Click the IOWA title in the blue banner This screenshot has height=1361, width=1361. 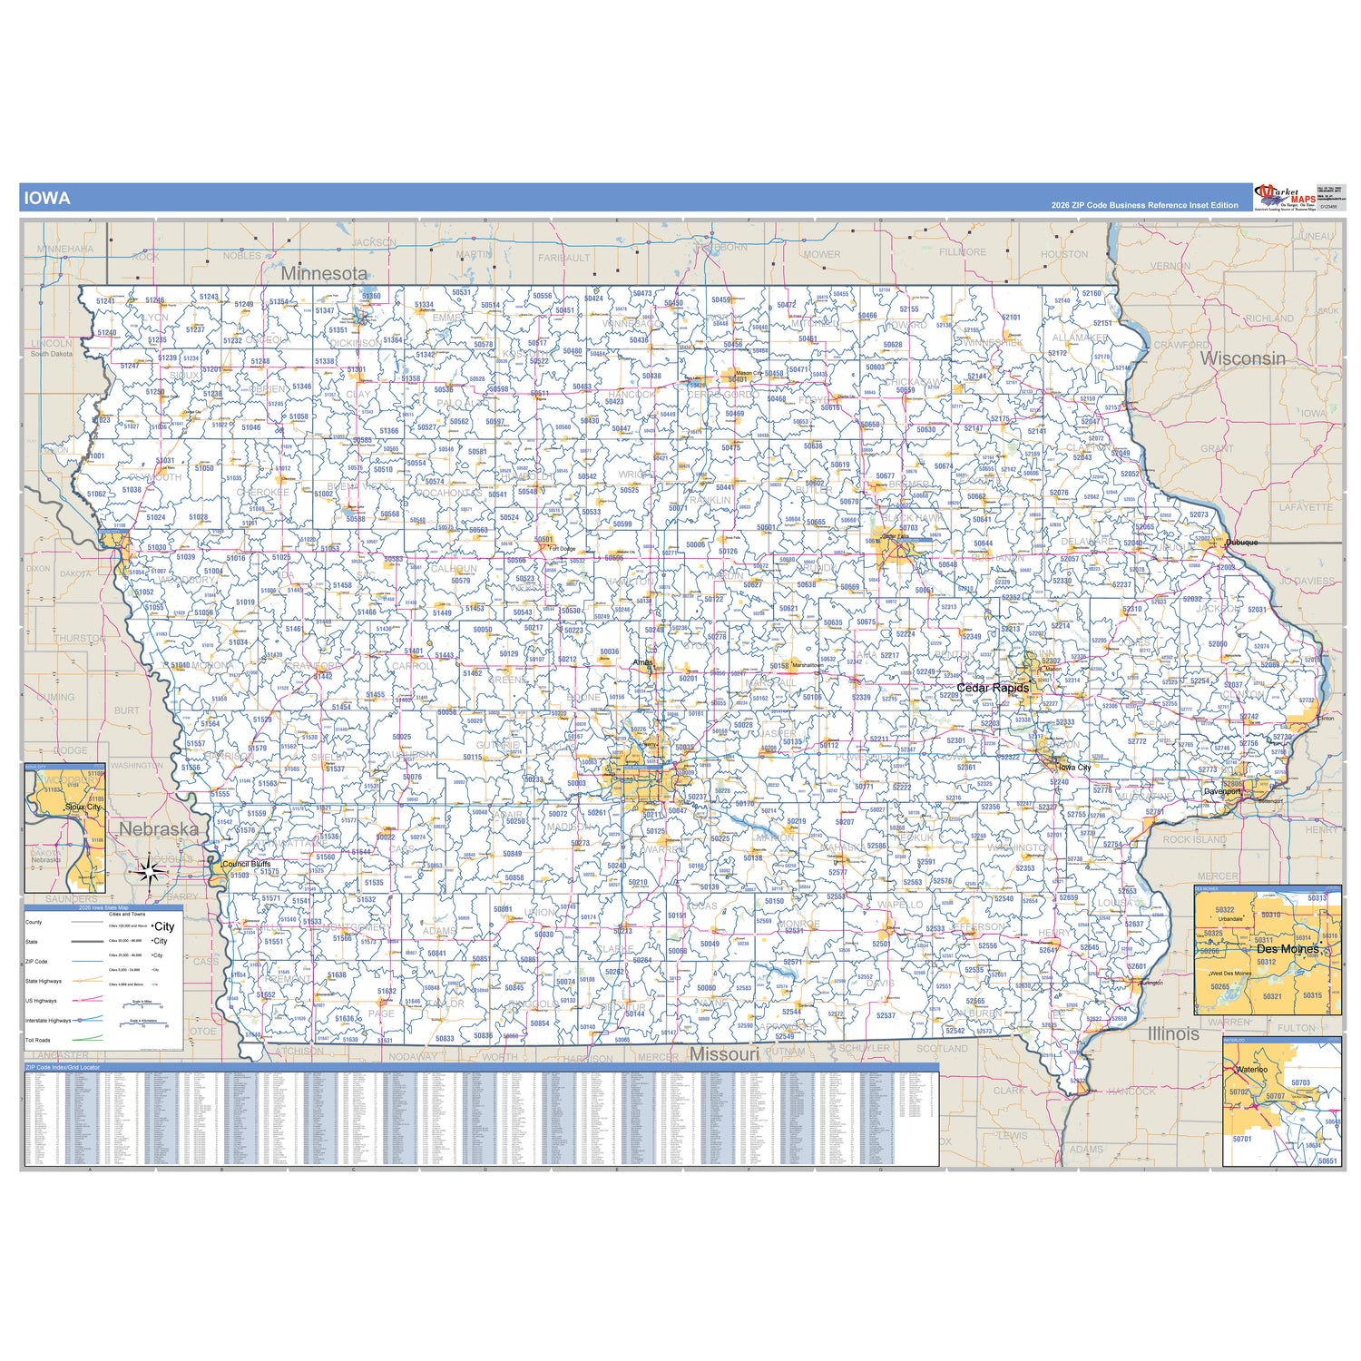point(46,198)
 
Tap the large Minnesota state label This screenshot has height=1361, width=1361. point(324,273)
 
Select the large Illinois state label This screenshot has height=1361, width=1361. point(1173,1033)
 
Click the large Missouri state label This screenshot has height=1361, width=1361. point(724,1054)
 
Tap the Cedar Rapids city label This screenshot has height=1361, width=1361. point(993,688)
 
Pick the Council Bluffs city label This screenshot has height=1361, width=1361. point(247,864)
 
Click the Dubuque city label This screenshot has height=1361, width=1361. point(1242,543)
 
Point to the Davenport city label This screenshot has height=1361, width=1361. point(1221,791)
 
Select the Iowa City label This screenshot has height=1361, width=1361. point(1075,768)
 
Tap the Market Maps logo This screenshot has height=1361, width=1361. point(1285,196)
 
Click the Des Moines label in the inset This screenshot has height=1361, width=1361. point(1288,949)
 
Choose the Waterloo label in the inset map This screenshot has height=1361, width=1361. point(1251,1070)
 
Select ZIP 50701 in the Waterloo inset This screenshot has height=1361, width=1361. point(1242,1139)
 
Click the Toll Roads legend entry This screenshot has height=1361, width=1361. point(38,1040)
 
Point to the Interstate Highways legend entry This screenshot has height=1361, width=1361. point(48,1021)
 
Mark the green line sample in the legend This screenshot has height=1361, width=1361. point(87,1040)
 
